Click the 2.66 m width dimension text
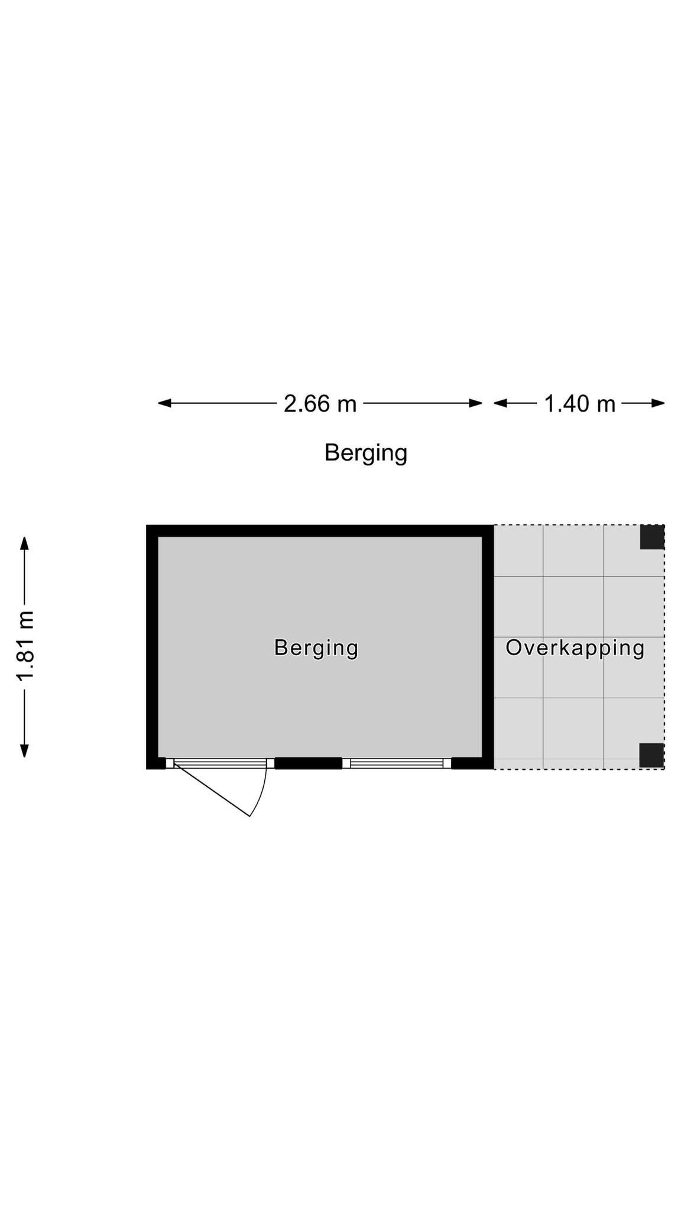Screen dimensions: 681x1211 pos(320,404)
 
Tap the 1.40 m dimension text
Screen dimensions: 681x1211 pos(579,404)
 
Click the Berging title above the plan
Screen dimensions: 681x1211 pos(366,454)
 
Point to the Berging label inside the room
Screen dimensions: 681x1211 pos(316,648)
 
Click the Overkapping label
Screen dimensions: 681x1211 pos(575,648)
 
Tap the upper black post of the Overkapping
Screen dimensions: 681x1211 pos(652,537)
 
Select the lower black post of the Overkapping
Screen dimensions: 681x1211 pos(651,755)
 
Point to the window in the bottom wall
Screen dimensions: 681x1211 pos(397,763)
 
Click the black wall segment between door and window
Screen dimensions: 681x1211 pos(309,763)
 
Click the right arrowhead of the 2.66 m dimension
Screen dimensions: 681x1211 pos(475,403)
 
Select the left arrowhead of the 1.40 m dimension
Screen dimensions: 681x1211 pos(501,403)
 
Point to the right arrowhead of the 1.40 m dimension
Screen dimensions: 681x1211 pos(658,403)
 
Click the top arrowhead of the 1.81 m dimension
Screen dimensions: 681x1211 pos(24,543)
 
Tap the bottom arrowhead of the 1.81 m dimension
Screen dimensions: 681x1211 pos(24,750)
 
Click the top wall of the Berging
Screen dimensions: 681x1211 pos(320,530)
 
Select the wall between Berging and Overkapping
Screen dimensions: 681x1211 pos(488,647)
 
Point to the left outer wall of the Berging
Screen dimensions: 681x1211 pos(152,647)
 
